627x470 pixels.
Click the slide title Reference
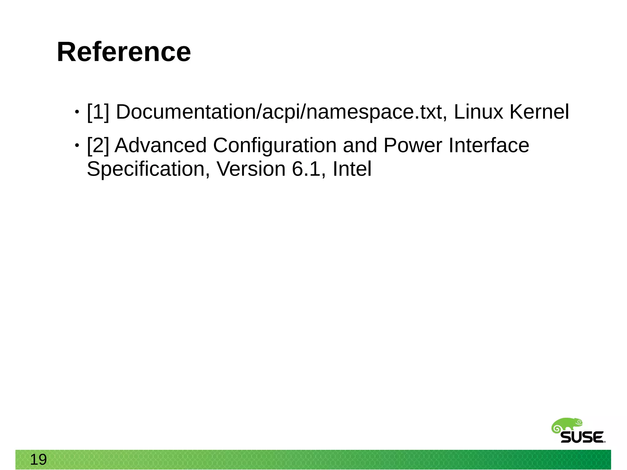point(124,52)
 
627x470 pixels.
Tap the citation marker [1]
point(98,112)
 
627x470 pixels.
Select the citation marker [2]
point(98,145)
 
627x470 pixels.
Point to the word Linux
point(478,112)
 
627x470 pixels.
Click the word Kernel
point(539,112)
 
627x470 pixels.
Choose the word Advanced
point(160,145)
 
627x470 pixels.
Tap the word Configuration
point(275,145)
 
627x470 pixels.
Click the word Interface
point(489,145)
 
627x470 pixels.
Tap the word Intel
point(352,169)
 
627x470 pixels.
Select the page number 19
point(38,460)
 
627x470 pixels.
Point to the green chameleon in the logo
point(566,425)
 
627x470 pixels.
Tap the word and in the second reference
point(360,145)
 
